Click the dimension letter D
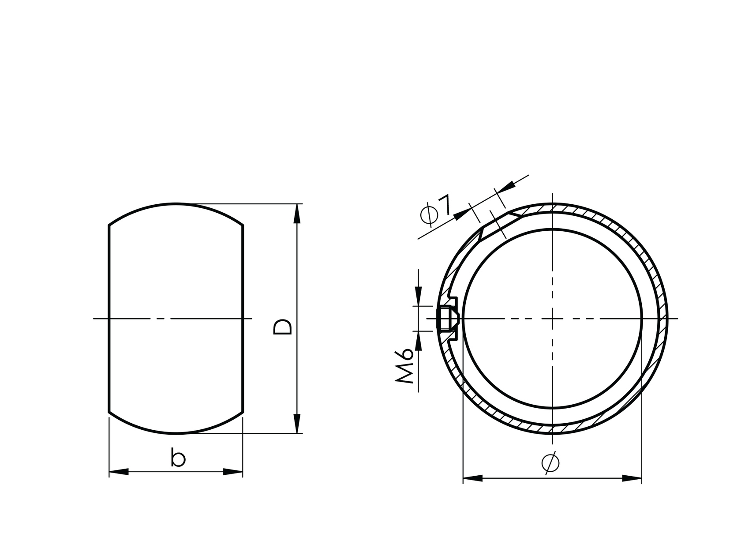tap(283, 327)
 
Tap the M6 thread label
tap(405, 366)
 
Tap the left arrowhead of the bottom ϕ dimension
tap(472, 478)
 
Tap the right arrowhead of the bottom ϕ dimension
tap(632, 478)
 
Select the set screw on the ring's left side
tap(448, 318)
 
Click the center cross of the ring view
tap(552, 318)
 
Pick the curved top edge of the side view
tap(176, 204)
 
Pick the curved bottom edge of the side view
tap(176, 433)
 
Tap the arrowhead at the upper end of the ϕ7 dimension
tap(507, 186)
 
